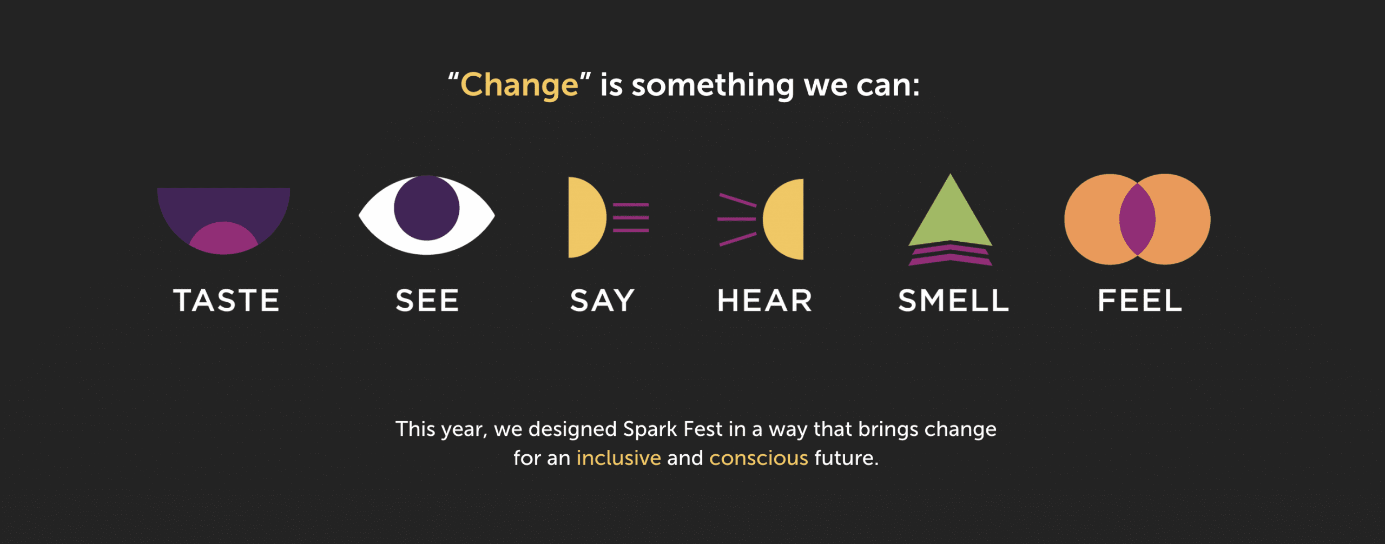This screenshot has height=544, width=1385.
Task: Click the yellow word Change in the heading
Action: (519, 86)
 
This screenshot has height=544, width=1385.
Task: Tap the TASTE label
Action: (226, 301)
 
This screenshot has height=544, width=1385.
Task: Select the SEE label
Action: (427, 301)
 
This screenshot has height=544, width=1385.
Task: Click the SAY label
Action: (602, 301)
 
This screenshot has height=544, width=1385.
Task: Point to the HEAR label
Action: (764, 301)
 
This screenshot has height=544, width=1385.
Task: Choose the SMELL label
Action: (953, 301)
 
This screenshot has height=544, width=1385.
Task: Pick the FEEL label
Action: (1139, 301)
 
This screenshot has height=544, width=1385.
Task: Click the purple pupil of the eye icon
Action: (426, 208)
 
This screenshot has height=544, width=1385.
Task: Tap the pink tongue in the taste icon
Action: (223, 238)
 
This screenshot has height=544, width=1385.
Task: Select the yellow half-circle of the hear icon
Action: (784, 219)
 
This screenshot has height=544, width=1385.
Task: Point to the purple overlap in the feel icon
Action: (1137, 219)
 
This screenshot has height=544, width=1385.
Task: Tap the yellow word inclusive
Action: (618, 458)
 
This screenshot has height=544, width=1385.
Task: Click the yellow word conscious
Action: (759, 459)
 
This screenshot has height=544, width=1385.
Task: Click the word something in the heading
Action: (713, 86)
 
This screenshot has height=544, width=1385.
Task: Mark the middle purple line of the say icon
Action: (631, 217)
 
